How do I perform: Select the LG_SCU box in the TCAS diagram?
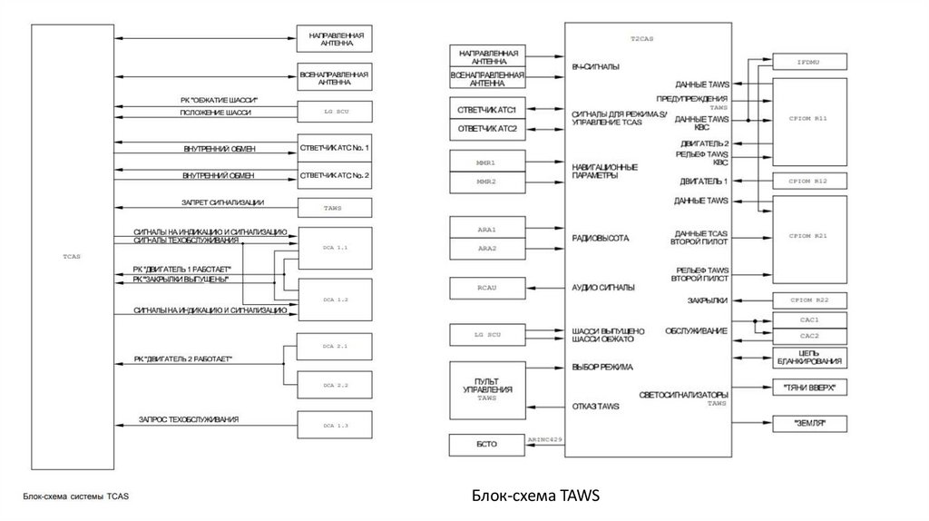tap(336, 113)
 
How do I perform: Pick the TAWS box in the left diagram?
tap(336, 208)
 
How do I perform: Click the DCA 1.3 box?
tap(336, 425)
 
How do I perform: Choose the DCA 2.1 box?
tap(336, 347)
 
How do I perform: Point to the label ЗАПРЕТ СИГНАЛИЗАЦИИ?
tap(221, 202)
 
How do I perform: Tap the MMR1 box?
tap(488, 162)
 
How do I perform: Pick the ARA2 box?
tap(488, 248)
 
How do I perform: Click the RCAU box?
tap(488, 288)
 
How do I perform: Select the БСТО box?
tap(488, 446)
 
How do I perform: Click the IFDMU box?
tap(808, 63)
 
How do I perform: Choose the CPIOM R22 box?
tap(808, 299)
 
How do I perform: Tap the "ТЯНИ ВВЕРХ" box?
tap(808, 388)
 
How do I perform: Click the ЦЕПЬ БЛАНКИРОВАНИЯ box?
tap(808, 356)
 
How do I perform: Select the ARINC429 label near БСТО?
tap(545, 439)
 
